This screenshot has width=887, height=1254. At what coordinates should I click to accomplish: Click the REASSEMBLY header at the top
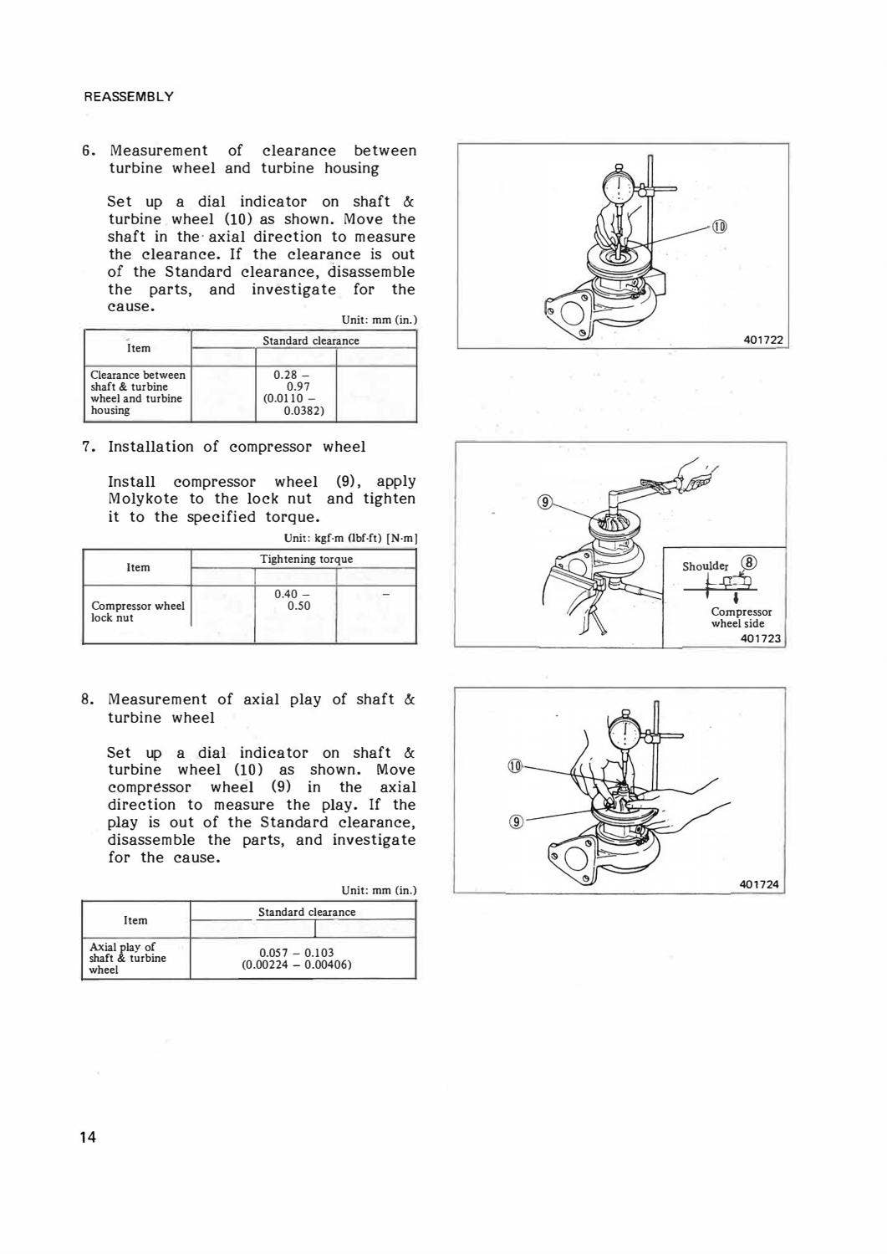pos(128,96)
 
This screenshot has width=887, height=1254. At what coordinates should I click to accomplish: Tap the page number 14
pos(88,1137)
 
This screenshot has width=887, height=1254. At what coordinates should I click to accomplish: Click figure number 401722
pos(763,339)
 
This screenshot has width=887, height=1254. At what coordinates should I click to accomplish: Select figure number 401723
pos(760,638)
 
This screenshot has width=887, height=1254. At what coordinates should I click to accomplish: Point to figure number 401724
pos(759,884)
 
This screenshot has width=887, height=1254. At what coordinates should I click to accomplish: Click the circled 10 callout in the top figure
pos(719,227)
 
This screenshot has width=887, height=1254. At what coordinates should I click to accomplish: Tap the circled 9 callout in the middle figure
pos(545,502)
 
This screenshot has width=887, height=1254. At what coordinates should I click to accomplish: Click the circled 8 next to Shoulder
pos(750,563)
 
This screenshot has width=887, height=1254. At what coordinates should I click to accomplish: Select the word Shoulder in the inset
pos(706,566)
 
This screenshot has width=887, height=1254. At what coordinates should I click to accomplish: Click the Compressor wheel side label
pos(741,617)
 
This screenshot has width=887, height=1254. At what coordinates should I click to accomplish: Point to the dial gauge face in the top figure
pos(619,189)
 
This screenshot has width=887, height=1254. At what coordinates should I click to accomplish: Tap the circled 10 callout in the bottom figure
pos(515,765)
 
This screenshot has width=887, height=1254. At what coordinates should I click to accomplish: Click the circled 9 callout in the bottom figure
pos(517,821)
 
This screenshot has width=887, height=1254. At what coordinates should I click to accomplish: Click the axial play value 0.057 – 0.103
pos(296,953)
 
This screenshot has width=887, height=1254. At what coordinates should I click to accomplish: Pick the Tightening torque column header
pos(306,559)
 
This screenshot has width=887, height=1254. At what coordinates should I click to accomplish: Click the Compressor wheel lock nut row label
pos(137,612)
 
